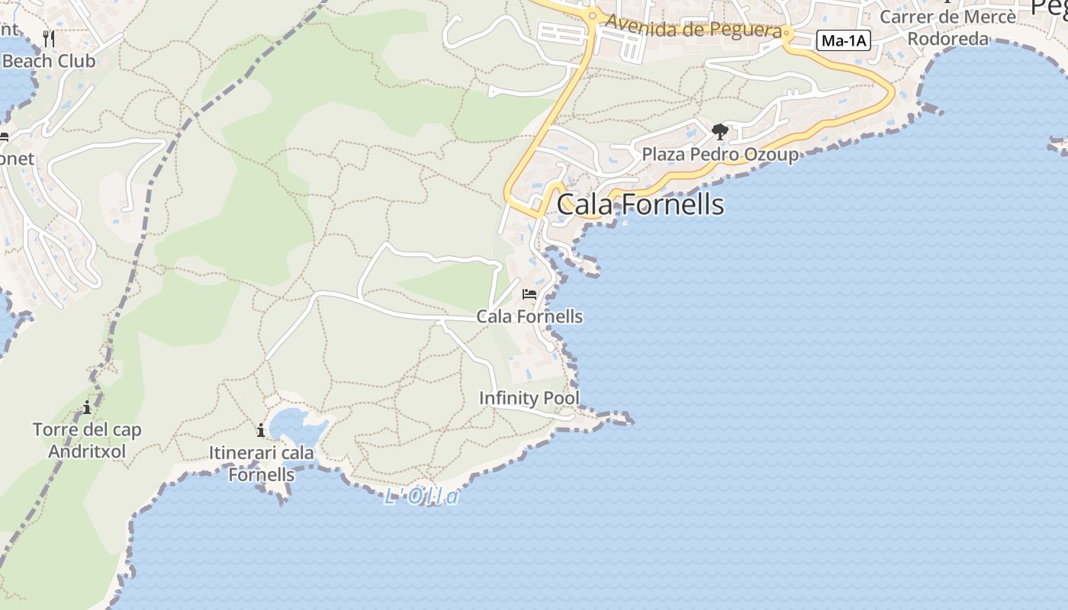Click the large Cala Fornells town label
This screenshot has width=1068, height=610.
[x=640, y=204]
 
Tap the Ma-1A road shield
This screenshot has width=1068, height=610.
[x=843, y=40]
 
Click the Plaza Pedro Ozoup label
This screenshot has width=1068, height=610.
[x=719, y=155]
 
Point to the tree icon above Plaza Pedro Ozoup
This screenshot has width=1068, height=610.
[x=719, y=132]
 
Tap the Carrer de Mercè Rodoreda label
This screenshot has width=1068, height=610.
[x=947, y=27]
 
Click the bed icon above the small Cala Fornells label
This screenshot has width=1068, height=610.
[x=529, y=294]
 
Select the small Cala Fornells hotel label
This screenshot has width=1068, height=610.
[x=529, y=316]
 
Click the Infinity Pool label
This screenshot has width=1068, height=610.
[x=529, y=398]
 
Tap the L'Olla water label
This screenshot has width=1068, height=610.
[x=422, y=497]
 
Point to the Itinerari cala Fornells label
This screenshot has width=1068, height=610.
[x=262, y=464]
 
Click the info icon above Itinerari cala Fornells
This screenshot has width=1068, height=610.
[x=261, y=431]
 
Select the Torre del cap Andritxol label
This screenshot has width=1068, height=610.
[x=87, y=441]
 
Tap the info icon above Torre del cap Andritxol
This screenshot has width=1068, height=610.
[x=87, y=407]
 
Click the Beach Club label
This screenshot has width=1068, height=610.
[x=49, y=61]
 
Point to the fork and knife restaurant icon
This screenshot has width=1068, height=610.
[x=49, y=38]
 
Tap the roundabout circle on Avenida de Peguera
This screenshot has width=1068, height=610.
[x=592, y=15]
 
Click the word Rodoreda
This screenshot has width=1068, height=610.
[x=947, y=39]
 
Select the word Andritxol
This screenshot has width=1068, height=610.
[x=87, y=451]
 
